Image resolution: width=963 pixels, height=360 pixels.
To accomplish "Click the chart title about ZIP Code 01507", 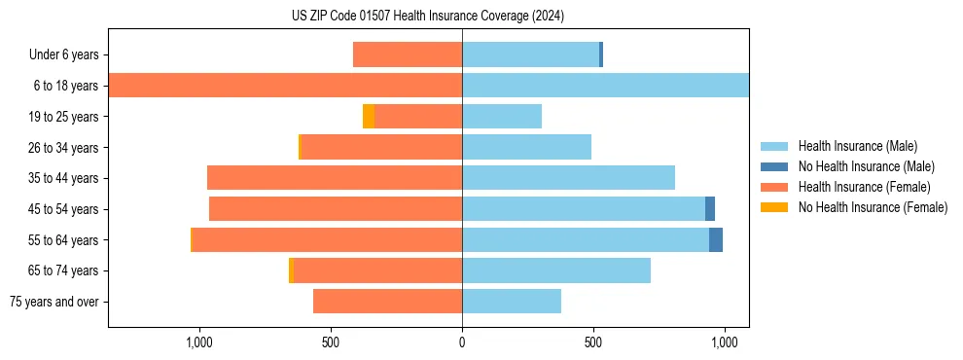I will (428, 16).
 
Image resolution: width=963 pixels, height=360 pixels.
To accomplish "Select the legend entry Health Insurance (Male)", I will (856, 146).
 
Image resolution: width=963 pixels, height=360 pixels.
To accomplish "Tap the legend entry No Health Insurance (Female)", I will (873, 207).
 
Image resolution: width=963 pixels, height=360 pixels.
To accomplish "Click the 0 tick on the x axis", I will (462, 342).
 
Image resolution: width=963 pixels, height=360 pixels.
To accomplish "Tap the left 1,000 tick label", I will (198, 342).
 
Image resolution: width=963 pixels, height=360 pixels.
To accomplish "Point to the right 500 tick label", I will (593, 342).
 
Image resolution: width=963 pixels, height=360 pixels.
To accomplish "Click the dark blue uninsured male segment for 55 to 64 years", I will (716, 239).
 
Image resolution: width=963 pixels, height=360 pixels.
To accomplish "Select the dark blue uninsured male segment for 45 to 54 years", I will (710, 209).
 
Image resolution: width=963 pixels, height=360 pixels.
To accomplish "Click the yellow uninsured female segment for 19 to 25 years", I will (369, 117).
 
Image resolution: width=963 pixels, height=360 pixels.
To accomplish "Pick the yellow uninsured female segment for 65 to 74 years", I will (291, 270).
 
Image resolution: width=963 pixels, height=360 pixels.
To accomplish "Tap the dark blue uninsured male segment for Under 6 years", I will (601, 54).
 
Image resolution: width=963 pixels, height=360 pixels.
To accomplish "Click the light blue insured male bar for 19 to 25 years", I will (502, 117).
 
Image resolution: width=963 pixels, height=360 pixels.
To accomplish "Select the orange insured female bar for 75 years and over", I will (387, 302).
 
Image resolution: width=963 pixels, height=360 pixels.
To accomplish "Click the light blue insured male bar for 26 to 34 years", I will (526, 147).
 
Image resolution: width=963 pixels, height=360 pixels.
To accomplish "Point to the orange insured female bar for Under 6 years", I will (408, 54).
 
